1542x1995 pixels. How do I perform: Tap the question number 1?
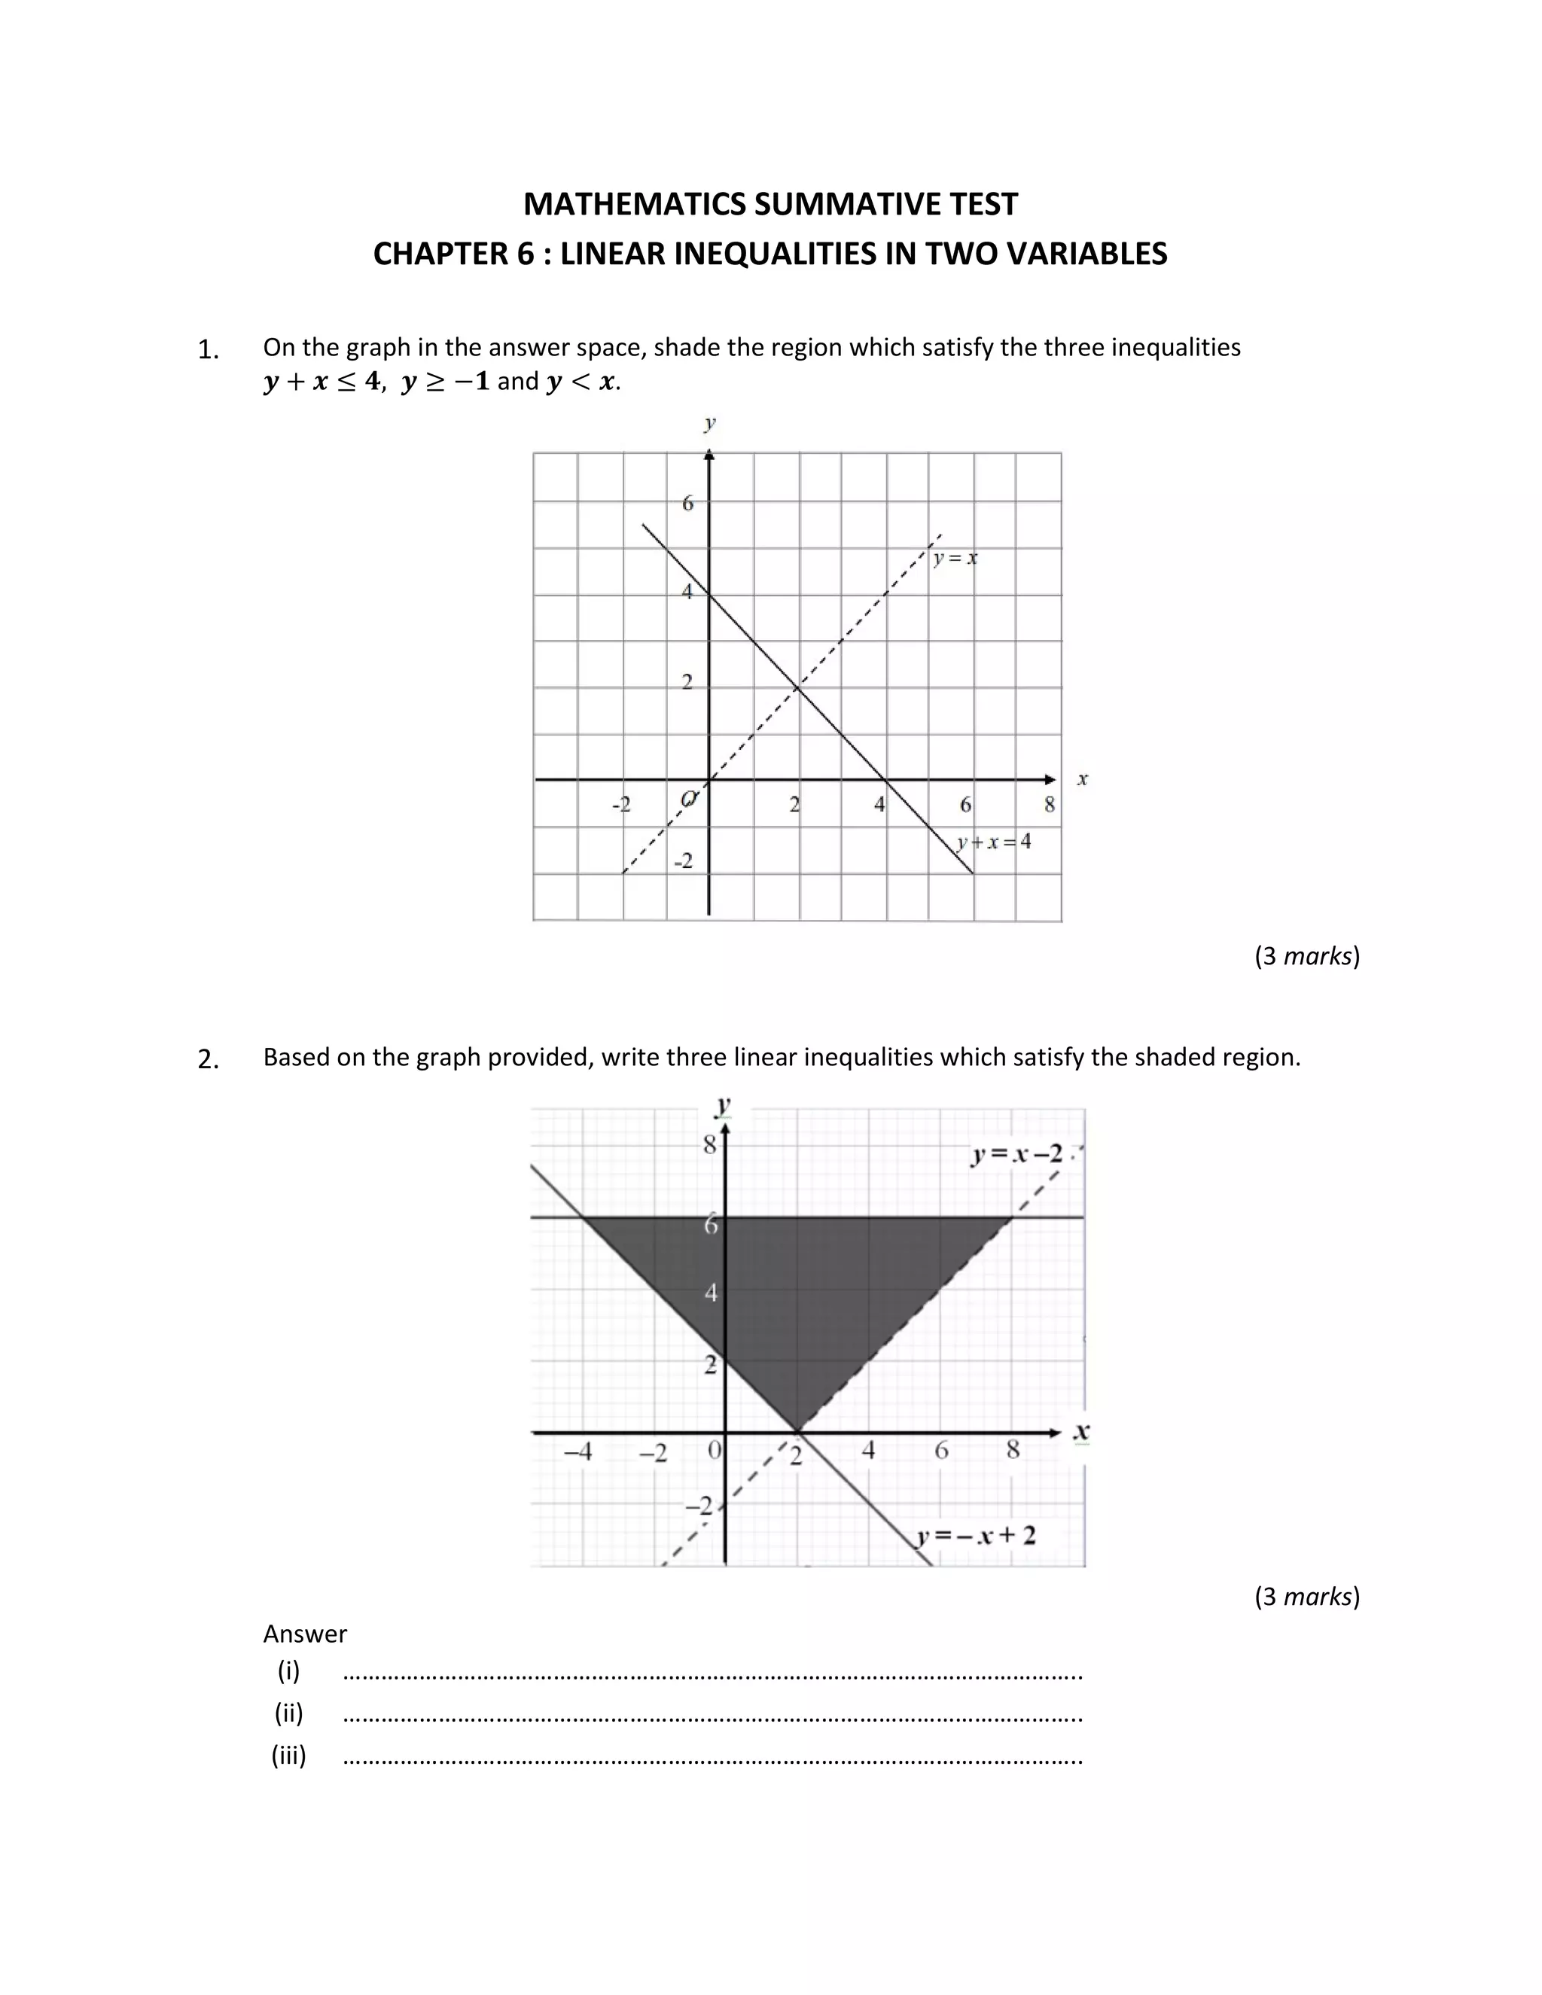click(x=209, y=350)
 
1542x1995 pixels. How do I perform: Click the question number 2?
click(x=209, y=1060)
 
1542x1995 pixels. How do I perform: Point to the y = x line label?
click(x=955, y=557)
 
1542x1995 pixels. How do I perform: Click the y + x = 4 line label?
click(x=995, y=842)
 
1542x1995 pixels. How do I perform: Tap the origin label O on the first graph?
click(x=690, y=800)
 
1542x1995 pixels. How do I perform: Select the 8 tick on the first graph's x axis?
click(x=1050, y=805)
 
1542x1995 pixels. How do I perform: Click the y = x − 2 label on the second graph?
click(x=1016, y=1155)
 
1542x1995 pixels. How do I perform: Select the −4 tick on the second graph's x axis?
click(x=577, y=1451)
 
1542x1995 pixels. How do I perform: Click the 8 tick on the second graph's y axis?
click(x=710, y=1144)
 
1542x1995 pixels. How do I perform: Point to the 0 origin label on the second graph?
click(x=715, y=1448)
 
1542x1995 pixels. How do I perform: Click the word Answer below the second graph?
click(x=305, y=1634)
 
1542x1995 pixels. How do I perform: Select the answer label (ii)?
click(x=288, y=1713)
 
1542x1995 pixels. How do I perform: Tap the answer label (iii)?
click(x=288, y=1755)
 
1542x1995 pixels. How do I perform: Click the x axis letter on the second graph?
click(x=1082, y=1431)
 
